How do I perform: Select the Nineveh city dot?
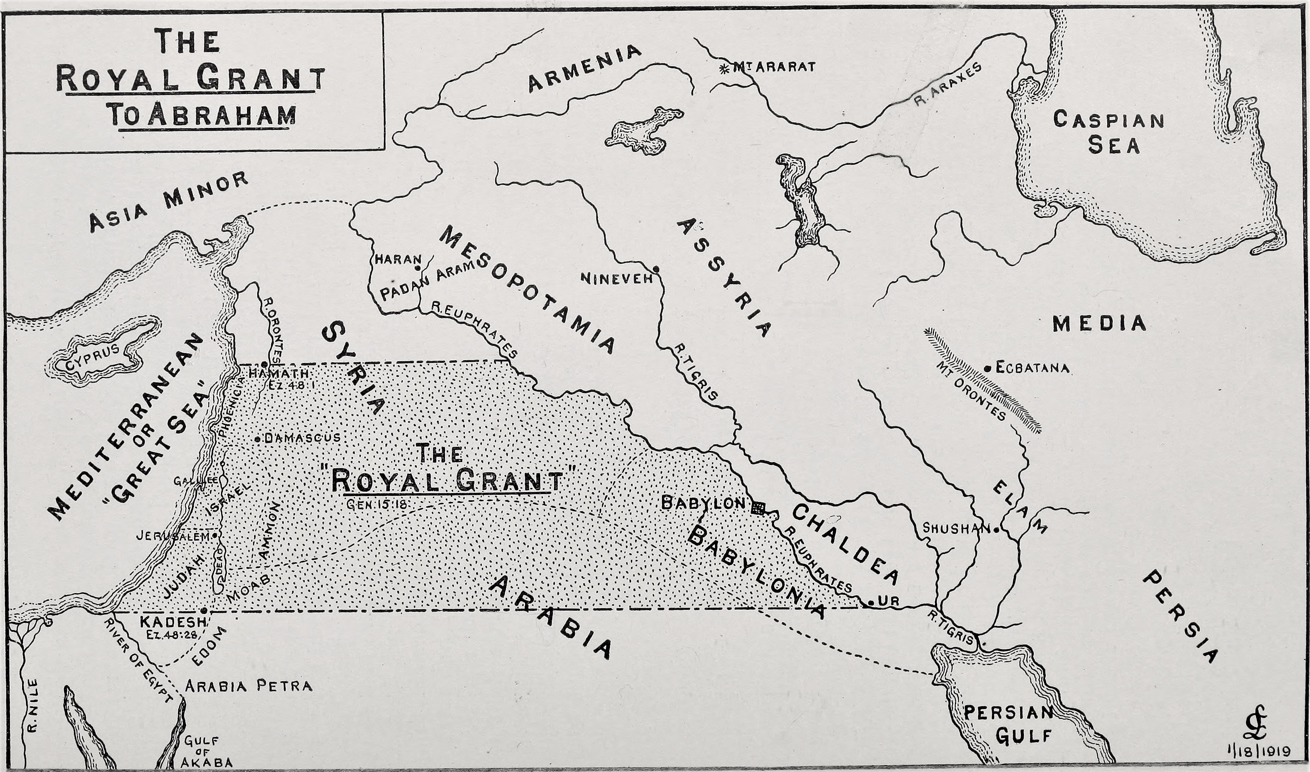click(x=656, y=269)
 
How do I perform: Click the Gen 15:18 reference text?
click(x=375, y=503)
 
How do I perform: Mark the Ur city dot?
click(x=870, y=603)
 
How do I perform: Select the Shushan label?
click(x=955, y=528)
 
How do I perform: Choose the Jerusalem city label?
click(x=173, y=535)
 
